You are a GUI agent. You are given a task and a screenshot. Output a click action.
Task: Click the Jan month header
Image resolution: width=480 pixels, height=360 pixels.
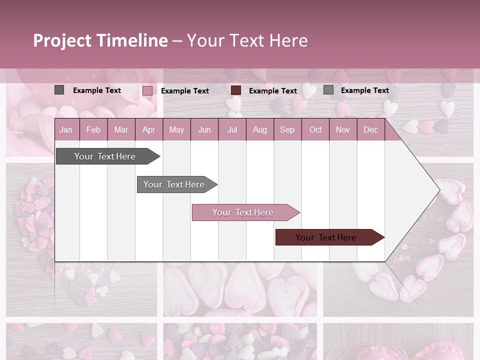point(66,129)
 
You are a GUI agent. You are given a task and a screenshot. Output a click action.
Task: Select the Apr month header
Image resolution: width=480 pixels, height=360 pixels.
point(148,129)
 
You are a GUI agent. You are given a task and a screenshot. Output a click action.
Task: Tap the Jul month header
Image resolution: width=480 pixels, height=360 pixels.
point(232,129)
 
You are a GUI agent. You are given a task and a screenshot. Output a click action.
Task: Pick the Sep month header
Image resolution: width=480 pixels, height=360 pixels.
point(287,129)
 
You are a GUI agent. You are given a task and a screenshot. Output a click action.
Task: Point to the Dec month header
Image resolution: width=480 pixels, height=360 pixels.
point(370,129)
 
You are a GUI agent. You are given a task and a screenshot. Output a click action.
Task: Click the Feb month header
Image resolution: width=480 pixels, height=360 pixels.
point(93,129)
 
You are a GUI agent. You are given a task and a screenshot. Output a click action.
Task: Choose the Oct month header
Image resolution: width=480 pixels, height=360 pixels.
point(315,129)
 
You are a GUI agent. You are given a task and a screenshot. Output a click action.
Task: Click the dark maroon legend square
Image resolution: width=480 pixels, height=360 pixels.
point(236,90)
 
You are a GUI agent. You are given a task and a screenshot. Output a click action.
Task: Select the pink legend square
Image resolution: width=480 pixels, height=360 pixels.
point(147,90)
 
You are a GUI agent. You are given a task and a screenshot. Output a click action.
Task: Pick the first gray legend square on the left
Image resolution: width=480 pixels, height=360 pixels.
point(59,90)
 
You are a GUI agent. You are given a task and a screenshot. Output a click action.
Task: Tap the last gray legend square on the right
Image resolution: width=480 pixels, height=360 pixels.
point(328,90)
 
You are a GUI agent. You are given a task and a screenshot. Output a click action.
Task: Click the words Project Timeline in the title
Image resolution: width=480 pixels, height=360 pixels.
point(100,40)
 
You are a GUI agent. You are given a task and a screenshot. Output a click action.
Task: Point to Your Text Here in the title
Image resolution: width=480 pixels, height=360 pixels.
point(247,40)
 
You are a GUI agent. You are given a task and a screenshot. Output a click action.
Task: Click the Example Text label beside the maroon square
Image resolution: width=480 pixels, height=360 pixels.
point(272,91)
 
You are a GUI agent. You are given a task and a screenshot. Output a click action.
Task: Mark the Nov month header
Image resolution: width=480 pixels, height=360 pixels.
point(343,129)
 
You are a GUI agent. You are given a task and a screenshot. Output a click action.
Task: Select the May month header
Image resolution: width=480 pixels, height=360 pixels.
point(176,129)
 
